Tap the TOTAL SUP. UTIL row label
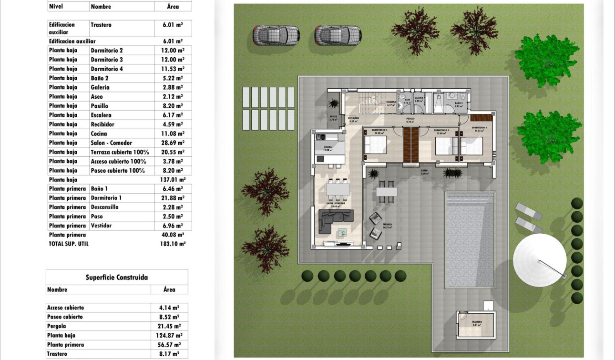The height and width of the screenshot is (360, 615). tap(69, 244)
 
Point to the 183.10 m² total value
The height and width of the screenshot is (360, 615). tap(173, 244)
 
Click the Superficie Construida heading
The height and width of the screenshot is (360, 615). tap(117, 278)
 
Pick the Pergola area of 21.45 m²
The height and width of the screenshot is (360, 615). tap(169, 326)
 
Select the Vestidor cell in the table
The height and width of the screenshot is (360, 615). tap(101, 226)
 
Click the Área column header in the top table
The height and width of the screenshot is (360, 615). tap(173, 7)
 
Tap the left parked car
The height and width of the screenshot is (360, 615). tap(276, 35)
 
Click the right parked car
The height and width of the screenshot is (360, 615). tap(338, 35)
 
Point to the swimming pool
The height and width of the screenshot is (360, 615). tap(470, 239)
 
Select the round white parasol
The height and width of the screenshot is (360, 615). tap(540, 260)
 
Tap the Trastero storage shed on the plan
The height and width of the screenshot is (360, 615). tap(476, 326)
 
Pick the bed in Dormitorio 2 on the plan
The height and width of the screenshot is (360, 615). tap(375, 145)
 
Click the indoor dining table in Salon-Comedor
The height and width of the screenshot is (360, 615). tap(338, 190)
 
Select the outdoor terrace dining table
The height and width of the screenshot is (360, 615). tap(386, 191)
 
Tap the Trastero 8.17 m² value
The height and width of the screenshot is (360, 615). tap(169, 354)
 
